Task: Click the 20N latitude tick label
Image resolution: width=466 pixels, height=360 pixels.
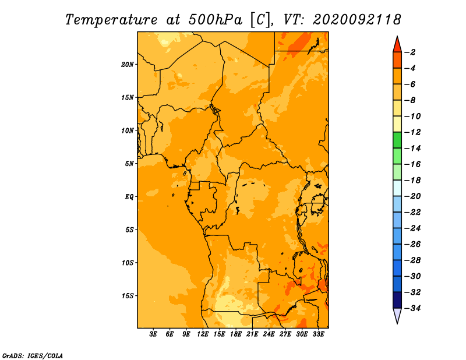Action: point(127,65)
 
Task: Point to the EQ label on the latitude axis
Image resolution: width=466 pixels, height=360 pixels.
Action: point(129,197)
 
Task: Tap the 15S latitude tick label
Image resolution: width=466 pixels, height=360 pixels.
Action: point(128,296)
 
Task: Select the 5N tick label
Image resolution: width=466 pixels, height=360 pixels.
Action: point(129,164)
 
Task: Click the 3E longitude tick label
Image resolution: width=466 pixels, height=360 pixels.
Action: point(153,334)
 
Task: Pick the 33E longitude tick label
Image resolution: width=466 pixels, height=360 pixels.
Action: point(318,334)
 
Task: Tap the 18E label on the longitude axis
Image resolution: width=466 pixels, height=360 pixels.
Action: point(236,334)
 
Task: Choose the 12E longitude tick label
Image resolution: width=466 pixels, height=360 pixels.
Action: point(203,334)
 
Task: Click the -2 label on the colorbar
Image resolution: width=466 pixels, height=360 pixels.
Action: point(410,52)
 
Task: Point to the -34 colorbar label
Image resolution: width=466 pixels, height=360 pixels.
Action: point(412,308)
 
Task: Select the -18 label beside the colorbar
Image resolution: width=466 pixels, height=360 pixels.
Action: point(412,180)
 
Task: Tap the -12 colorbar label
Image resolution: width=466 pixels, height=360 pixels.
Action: point(412,132)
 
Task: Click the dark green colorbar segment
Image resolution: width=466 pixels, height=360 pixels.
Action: point(397,140)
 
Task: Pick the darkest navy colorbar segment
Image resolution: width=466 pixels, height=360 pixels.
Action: point(397,300)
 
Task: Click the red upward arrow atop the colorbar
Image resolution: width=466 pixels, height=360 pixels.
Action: point(397,44)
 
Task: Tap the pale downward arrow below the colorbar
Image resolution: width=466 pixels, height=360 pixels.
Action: point(397,316)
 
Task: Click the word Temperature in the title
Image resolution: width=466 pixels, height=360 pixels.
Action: point(111,20)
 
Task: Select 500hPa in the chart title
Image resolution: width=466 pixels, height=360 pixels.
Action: point(216,20)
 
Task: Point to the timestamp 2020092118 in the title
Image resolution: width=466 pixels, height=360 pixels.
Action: point(357,20)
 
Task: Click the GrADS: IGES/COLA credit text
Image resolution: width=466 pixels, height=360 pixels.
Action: point(33,355)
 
